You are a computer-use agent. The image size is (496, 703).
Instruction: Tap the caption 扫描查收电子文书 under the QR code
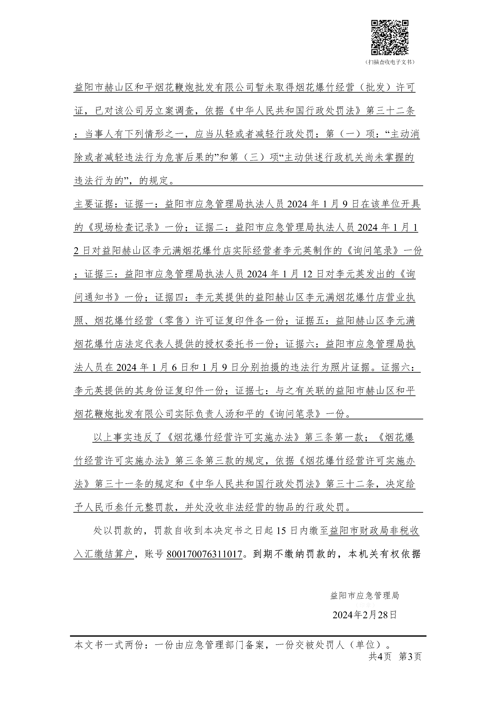tap(390, 62)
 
